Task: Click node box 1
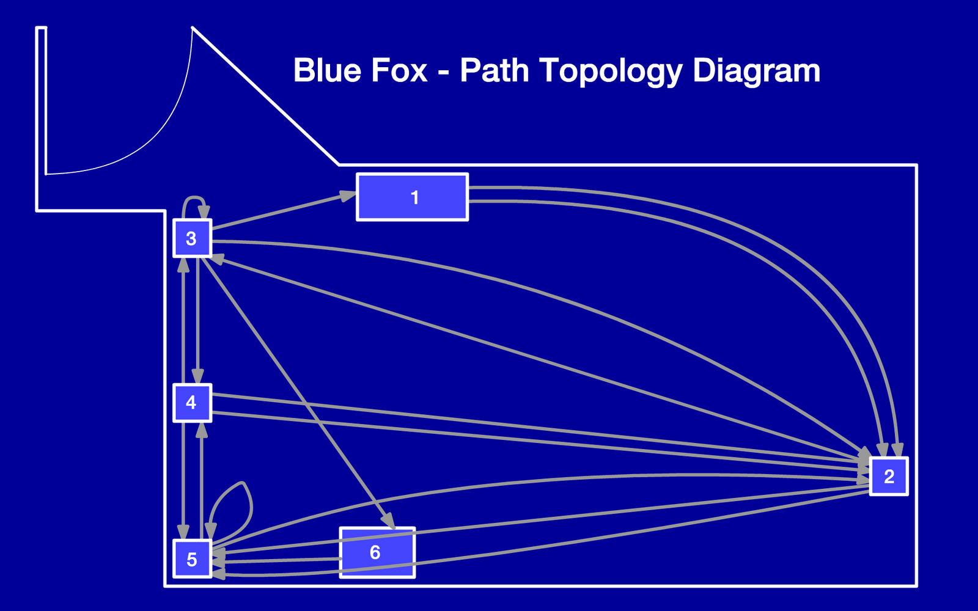[413, 197]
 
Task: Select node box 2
[889, 476]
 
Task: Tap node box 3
[192, 238]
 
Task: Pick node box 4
[192, 403]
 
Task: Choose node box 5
[192, 559]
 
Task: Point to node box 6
[377, 552]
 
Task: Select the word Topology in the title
[611, 71]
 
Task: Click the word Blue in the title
[328, 70]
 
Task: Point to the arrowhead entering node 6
[388, 520]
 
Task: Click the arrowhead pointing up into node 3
[183, 265]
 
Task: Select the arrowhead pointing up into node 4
[201, 430]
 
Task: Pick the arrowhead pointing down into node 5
[183, 532]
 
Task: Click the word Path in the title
[494, 70]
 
